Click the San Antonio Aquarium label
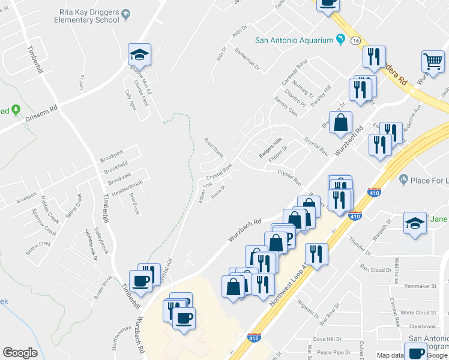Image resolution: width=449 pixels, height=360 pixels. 294,40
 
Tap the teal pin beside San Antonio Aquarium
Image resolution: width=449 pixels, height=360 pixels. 341,40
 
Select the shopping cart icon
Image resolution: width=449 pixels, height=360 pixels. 433,61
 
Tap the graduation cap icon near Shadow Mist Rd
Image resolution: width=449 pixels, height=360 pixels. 139,55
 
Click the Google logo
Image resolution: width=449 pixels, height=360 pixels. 20,353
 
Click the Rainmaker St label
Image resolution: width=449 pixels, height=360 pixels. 420,286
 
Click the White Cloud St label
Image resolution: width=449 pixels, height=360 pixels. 418,313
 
